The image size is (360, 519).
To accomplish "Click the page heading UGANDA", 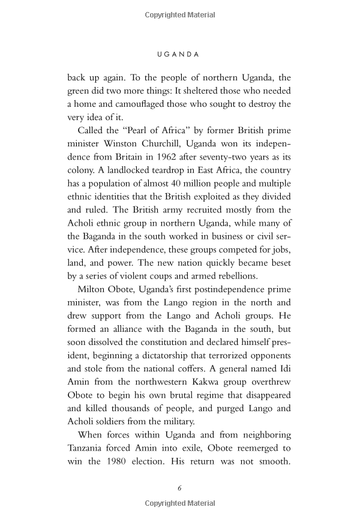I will click(x=178, y=53).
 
